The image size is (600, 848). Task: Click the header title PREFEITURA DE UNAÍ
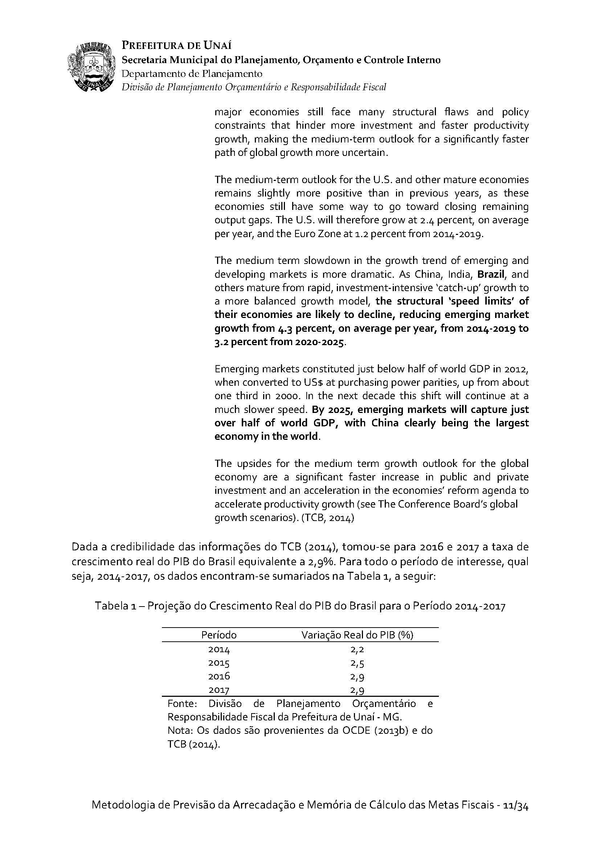(x=176, y=45)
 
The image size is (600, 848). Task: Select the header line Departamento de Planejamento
(x=192, y=74)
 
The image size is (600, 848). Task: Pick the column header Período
(x=219, y=635)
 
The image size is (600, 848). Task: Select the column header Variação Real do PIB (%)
(x=357, y=635)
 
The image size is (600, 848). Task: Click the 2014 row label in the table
(x=219, y=649)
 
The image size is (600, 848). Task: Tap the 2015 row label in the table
(x=219, y=663)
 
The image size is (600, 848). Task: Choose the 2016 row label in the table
(x=219, y=676)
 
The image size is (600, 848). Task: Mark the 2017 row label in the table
(x=219, y=690)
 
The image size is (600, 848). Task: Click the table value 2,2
(x=357, y=649)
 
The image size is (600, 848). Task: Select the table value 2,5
(x=357, y=663)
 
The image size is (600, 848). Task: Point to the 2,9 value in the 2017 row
(x=357, y=690)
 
